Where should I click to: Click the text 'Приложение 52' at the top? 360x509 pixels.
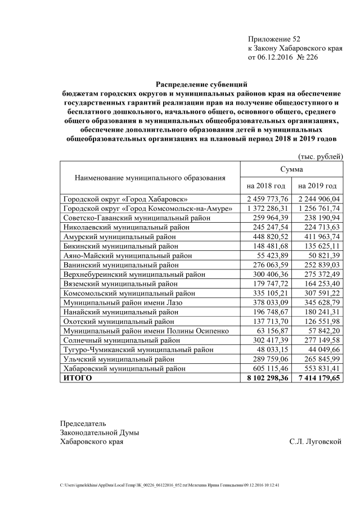274,39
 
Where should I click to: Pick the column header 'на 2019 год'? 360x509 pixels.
317,186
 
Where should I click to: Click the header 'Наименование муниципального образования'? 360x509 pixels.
150,177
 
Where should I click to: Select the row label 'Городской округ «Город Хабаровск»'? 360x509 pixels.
125,199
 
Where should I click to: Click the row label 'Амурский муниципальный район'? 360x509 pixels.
120,237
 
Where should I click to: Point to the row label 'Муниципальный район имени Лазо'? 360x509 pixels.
123,303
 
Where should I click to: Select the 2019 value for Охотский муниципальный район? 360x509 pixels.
319,322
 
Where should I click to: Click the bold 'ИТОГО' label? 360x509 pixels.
78,379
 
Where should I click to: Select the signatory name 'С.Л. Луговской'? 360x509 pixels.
316,442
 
